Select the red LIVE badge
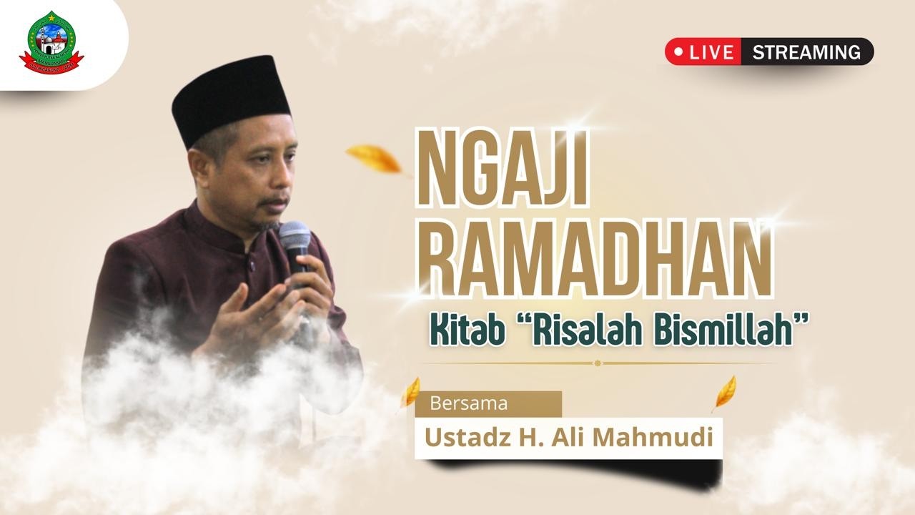(703, 52)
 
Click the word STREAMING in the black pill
(806, 52)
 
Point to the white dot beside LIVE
(678, 52)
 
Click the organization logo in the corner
(51, 43)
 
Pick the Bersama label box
(488, 403)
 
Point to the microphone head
(294, 236)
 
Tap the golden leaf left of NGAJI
(374, 158)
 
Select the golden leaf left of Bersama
(411, 392)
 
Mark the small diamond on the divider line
(598, 363)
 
